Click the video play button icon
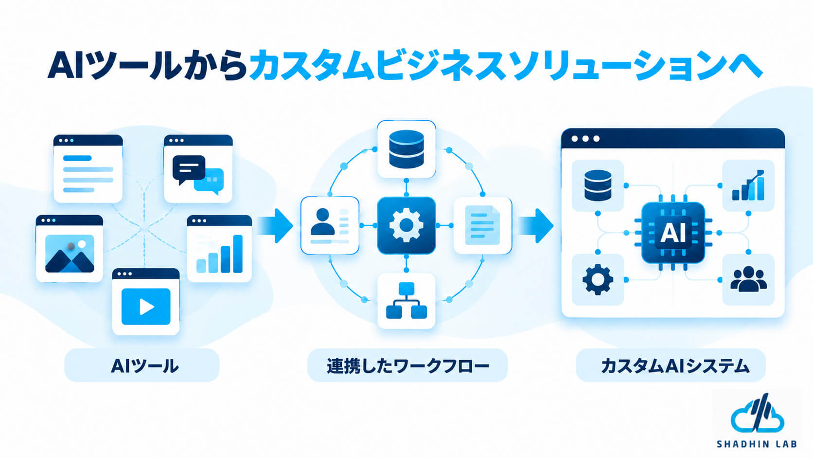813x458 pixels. pos(146,307)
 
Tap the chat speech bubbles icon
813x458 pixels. pos(198,175)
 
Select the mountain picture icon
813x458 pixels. pos(70,254)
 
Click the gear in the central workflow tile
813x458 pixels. pos(406,225)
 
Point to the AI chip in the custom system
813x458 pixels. pos(673,233)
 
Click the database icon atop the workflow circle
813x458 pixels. pos(406,149)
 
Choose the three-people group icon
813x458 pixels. pos(748,279)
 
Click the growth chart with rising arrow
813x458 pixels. pos(748,185)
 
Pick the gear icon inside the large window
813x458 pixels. pos(598,279)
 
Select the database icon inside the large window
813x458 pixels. pos(598,185)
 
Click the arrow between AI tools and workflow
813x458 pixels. pos(274,225)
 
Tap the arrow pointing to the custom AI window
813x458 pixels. pos(535,225)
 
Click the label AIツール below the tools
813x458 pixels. pos(144,366)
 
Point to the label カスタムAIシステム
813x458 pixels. pos(675,366)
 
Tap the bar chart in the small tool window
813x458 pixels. pos(219,254)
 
